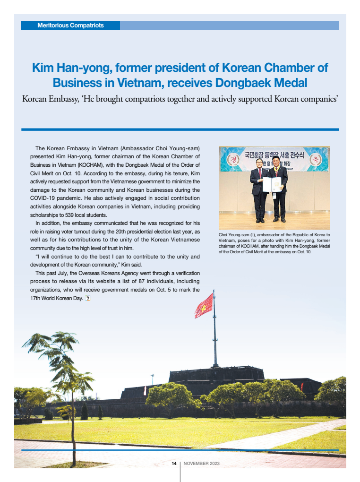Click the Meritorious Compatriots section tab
70,26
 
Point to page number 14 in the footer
174,464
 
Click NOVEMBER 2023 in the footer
201,464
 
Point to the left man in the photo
258,189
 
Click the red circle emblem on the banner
232,159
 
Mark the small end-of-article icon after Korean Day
87,298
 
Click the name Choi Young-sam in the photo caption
235,235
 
